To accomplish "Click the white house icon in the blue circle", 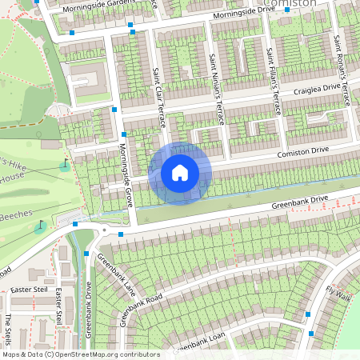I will point(180,173).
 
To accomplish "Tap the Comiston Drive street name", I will point(303,152).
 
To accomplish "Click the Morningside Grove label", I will point(126,174).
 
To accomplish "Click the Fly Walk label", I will point(338,295).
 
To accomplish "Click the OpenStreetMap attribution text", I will point(80,354).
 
